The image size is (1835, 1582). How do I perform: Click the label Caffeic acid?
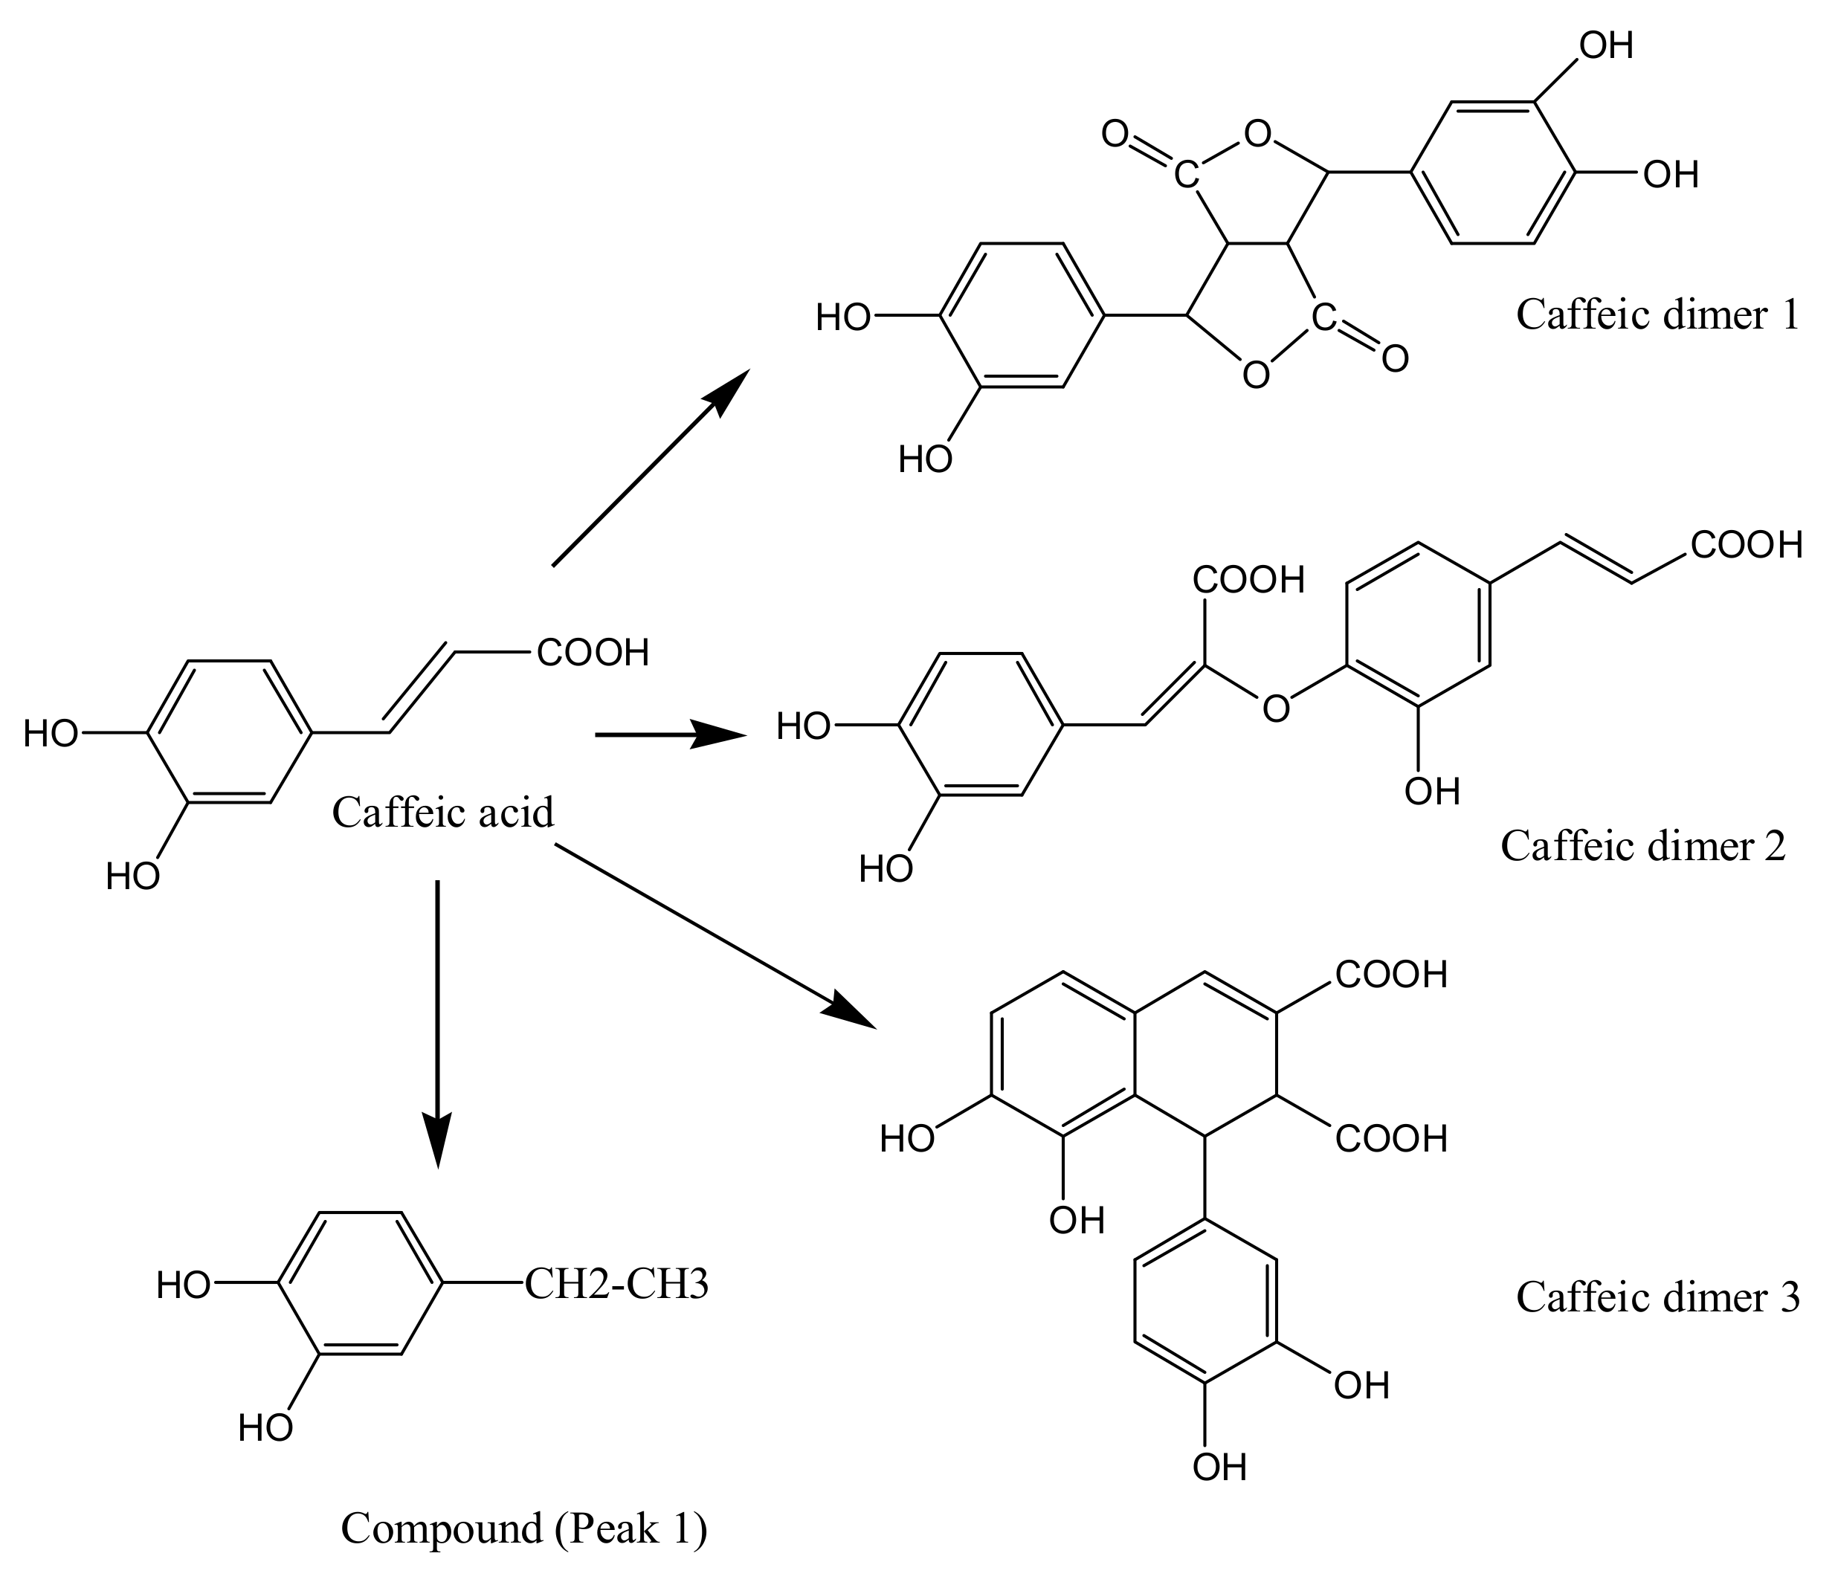pos(443,813)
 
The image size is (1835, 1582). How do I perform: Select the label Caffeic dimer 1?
pos(1658,315)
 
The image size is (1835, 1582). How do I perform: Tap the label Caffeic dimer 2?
pos(1643,846)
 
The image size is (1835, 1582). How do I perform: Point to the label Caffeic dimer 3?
pos(1658,1298)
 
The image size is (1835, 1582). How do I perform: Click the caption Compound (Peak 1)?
pos(524,1529)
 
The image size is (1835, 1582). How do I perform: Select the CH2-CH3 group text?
pos(616,1285)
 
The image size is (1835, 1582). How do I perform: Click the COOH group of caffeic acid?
pos(593,653)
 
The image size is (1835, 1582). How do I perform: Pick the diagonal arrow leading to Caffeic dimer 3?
pos(709,933)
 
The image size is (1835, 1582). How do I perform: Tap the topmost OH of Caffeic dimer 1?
pos(1607,45)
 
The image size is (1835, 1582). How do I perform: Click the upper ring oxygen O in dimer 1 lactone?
pos(1257,135)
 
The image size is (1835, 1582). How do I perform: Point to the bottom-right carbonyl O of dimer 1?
pos(1395,358)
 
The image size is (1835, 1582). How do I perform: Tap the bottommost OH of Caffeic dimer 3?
pos(1219,1468)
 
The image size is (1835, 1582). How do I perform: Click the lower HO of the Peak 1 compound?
pos(265,1428)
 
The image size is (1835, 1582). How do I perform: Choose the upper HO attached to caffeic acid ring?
pos(51,734)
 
